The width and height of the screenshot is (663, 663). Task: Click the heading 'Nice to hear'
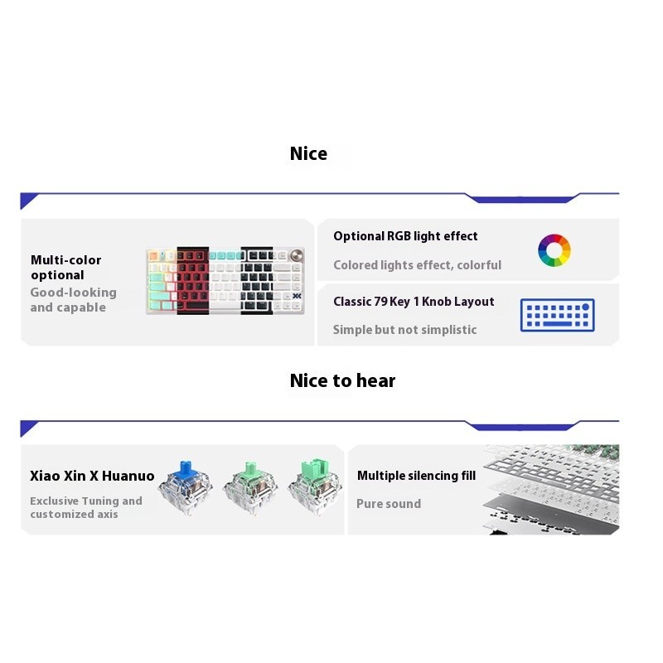pyautogui.click(x=342, y=381)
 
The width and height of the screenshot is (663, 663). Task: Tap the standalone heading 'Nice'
pyautogui.click(x=308, y=154)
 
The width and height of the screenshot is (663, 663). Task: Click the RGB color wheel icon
pyautogui.click(x=554, y=250)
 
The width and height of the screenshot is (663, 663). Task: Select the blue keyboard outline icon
pyautogui.click(x=557, y=316)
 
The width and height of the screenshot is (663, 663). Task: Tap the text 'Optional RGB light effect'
pyautogui.click(x=405, y=236)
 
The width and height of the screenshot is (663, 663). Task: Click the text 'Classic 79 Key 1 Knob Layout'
pyautogui.click(x=414, y=302)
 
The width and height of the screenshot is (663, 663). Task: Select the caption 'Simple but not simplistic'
pyautogui.click(x=404, y=330)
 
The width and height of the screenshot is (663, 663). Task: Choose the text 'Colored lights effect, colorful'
pyautogui.click(x=417, y=265)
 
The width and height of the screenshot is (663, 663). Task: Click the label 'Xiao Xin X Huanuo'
pyautogui.click(x=92, y=476)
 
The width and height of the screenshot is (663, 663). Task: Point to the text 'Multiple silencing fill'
pyautogui.click(x=416, y=476)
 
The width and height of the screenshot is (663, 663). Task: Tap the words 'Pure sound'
pyautogui.click(x=389, y=504)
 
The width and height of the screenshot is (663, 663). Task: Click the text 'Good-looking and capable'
pyautogui.click(x=73, y=300)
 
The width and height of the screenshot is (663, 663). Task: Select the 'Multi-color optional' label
pyautogui.click(x=65, y=267)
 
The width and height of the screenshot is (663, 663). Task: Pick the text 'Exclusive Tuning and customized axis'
pyautogui.click(x=86, y=507)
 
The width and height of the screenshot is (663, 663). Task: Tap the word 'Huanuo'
pyautogui.click(x=132, y=476)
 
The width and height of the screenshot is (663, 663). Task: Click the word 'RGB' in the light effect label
pyautogui.click(x=399, y=236)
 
